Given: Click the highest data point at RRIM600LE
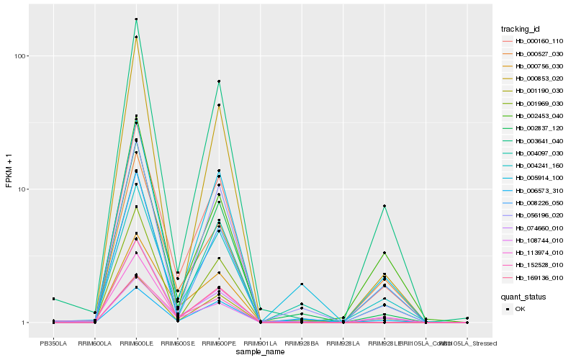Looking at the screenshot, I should pos(136,19).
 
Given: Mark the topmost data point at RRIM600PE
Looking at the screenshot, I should pos(219,81).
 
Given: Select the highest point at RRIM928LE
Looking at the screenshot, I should pos(384,206).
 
